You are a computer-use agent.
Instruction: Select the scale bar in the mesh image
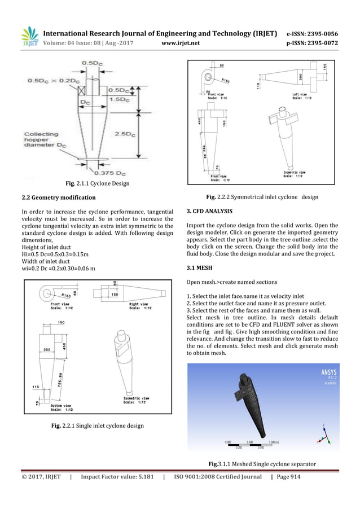tap(248, 444)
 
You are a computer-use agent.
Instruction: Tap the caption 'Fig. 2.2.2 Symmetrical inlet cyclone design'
tap(262, 197)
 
